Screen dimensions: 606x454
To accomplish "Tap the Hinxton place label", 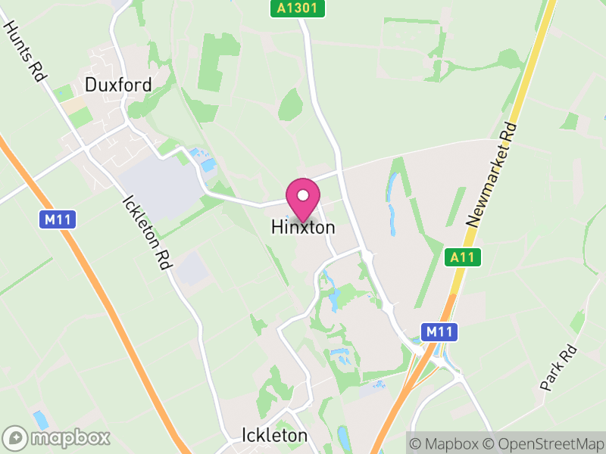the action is [303, 227].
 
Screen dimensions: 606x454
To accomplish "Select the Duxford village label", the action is [118, 84].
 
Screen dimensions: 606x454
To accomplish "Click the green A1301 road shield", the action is [298, 9].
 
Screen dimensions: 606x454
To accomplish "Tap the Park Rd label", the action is [560, 368].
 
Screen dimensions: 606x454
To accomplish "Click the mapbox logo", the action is [57, 438].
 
